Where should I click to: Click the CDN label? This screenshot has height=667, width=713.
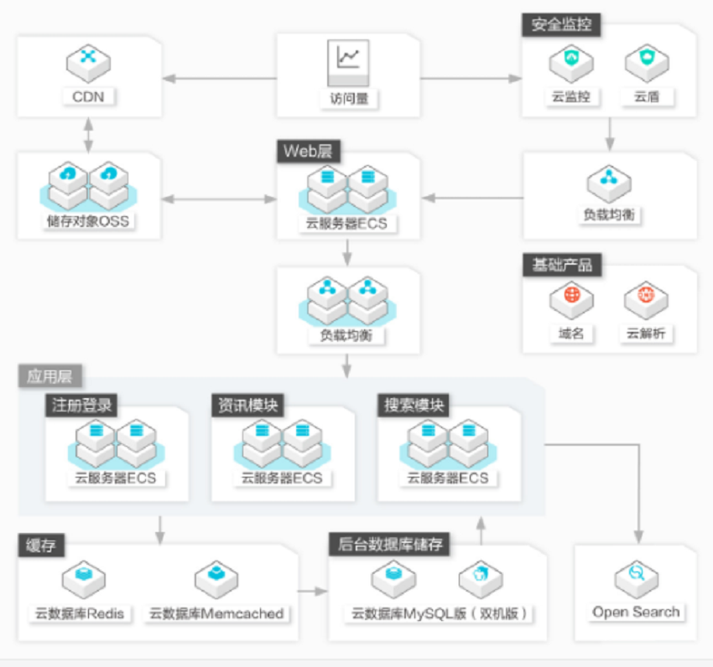click(x=88, y=96)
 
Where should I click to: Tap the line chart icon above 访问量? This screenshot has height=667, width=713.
click(x=348, y=63)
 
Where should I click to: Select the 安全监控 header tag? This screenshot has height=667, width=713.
click(x=561, y=24)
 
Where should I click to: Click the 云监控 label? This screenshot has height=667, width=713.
click(x=570, y=96)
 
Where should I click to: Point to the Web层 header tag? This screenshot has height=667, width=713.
click(x=309, y=151)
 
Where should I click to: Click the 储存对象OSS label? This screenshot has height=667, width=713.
click(x=88, y=221)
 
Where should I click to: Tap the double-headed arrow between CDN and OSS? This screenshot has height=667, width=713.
click(x=89, y=135)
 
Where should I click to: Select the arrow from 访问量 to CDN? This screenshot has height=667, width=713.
click(x=220, y=79)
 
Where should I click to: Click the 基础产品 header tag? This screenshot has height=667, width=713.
click(x=562, y=265)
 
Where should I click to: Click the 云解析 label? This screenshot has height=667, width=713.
click(x=646, y=333)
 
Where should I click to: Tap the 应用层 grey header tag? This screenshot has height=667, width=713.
click(x=50, y=375)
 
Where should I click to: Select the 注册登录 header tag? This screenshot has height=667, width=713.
click(x=81, y=405)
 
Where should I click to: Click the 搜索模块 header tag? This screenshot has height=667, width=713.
click(x=414, y=405)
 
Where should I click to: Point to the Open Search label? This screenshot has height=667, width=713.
click(x=636, y=612)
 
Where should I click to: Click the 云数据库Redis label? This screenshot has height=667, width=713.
click(x=80, y=614)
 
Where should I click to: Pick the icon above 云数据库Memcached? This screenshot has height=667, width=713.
click(x=216, y=578)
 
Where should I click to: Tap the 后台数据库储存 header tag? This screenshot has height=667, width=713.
click(x=389, y=544)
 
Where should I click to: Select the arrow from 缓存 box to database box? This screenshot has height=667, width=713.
click(x=313, y=591)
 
